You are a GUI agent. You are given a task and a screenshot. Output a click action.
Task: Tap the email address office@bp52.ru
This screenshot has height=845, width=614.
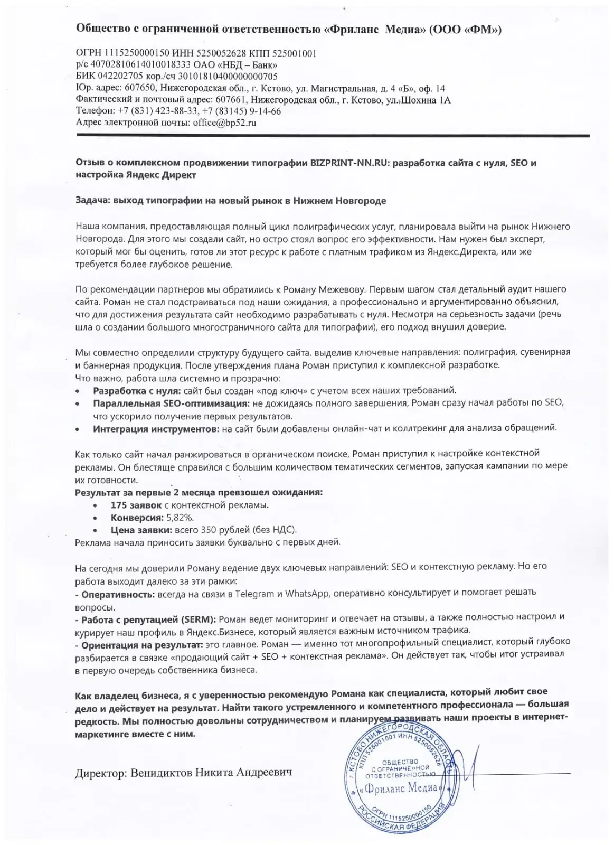point(224,123)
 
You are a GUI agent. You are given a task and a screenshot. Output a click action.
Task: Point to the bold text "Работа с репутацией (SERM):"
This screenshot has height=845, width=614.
point(146,617)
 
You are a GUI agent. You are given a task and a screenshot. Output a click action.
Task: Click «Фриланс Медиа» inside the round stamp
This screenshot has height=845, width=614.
point(400,788)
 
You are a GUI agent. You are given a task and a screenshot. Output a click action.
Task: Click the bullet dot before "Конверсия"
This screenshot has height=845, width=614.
point(95,518)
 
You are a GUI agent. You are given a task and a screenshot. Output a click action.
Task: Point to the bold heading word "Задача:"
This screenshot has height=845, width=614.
point(91,201)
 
